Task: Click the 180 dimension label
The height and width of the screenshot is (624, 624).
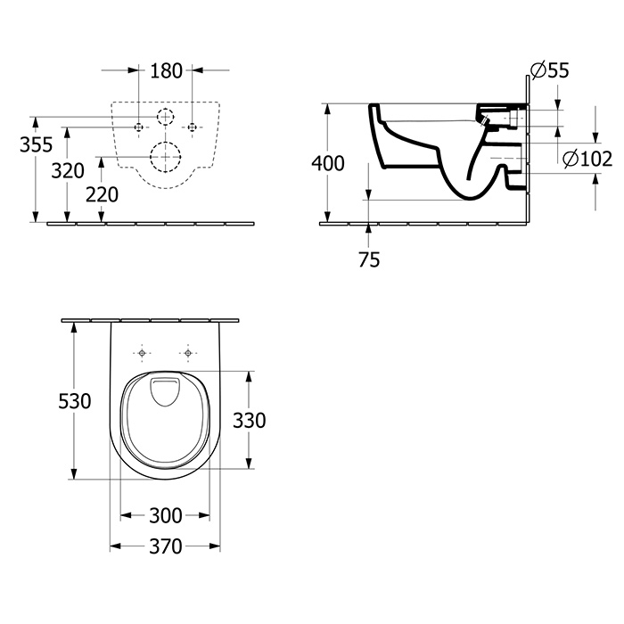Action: (x=166, y=70)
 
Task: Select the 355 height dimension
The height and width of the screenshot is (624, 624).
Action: (x=37, y=144)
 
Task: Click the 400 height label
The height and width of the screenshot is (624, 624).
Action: (x=327, y=163)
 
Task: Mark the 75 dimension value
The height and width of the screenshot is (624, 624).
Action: (x=369, y=259)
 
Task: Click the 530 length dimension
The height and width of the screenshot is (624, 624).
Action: (x=75, y=401)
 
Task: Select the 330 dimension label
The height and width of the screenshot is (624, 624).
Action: (x=250, y=419)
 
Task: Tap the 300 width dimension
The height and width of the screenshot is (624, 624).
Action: (x=165, y=515)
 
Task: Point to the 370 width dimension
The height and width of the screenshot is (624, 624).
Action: (x=165, y=546)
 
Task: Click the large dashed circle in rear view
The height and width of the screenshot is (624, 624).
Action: (x=165, y=156)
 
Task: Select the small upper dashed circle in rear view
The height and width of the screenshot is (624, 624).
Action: (x=165, y=116)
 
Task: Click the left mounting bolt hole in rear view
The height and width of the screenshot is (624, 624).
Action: (x=138, y=127)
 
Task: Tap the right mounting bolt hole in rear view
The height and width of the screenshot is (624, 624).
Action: (x=192, y=127)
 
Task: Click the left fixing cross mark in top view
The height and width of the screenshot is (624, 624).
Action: (x=144, y=353)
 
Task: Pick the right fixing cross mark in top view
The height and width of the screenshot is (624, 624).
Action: (x=187, y=353)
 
